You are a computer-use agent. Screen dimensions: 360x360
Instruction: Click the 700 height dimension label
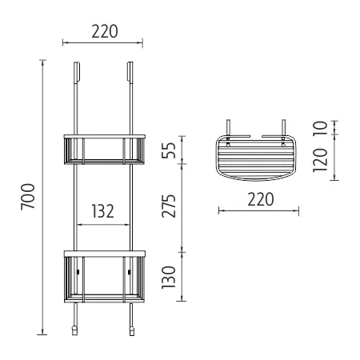point(28,197)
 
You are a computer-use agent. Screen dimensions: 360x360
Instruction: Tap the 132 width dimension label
point(103,211)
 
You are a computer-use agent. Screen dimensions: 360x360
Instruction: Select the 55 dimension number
point(169,150)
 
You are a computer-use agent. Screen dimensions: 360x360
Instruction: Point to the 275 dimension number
point(169,206)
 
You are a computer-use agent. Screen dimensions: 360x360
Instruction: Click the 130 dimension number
point(169,278)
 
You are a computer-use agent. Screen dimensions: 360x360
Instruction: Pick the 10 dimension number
point(320,129)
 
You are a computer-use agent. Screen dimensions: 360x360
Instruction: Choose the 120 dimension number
point(320,160)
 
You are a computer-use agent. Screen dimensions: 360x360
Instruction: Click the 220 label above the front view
point(105,31)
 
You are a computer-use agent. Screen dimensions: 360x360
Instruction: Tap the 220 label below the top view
point(261,199)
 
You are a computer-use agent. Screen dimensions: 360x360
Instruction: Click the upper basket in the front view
point(105,150)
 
